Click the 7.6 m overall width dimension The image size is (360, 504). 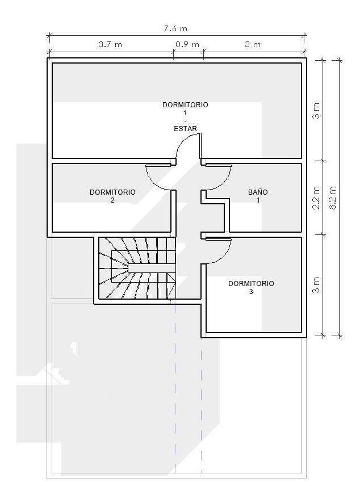click(175, 28)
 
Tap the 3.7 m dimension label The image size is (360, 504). click(110, 44)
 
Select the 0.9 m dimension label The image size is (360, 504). click(187, 44)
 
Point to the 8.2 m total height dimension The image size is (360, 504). click(333, 198)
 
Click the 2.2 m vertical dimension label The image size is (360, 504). click(317, 198)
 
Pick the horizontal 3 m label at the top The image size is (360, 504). click(253, 44)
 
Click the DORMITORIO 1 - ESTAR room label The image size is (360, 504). click(185, 116)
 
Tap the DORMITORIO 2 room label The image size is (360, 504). click(112, 196)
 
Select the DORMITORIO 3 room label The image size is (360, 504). click(251, 287)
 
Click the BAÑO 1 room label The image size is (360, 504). click(258, 196)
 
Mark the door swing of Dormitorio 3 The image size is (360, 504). click(219, 251)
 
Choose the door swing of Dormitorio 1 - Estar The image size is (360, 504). click(188, 146)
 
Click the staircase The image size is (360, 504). click(137, 268)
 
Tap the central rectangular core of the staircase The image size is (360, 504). click(152, 268)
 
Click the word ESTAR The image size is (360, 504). click(185, 129)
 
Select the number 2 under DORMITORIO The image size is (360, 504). click(112, 200)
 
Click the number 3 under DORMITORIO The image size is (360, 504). click(251, 292)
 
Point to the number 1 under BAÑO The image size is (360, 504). click(258, 200)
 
